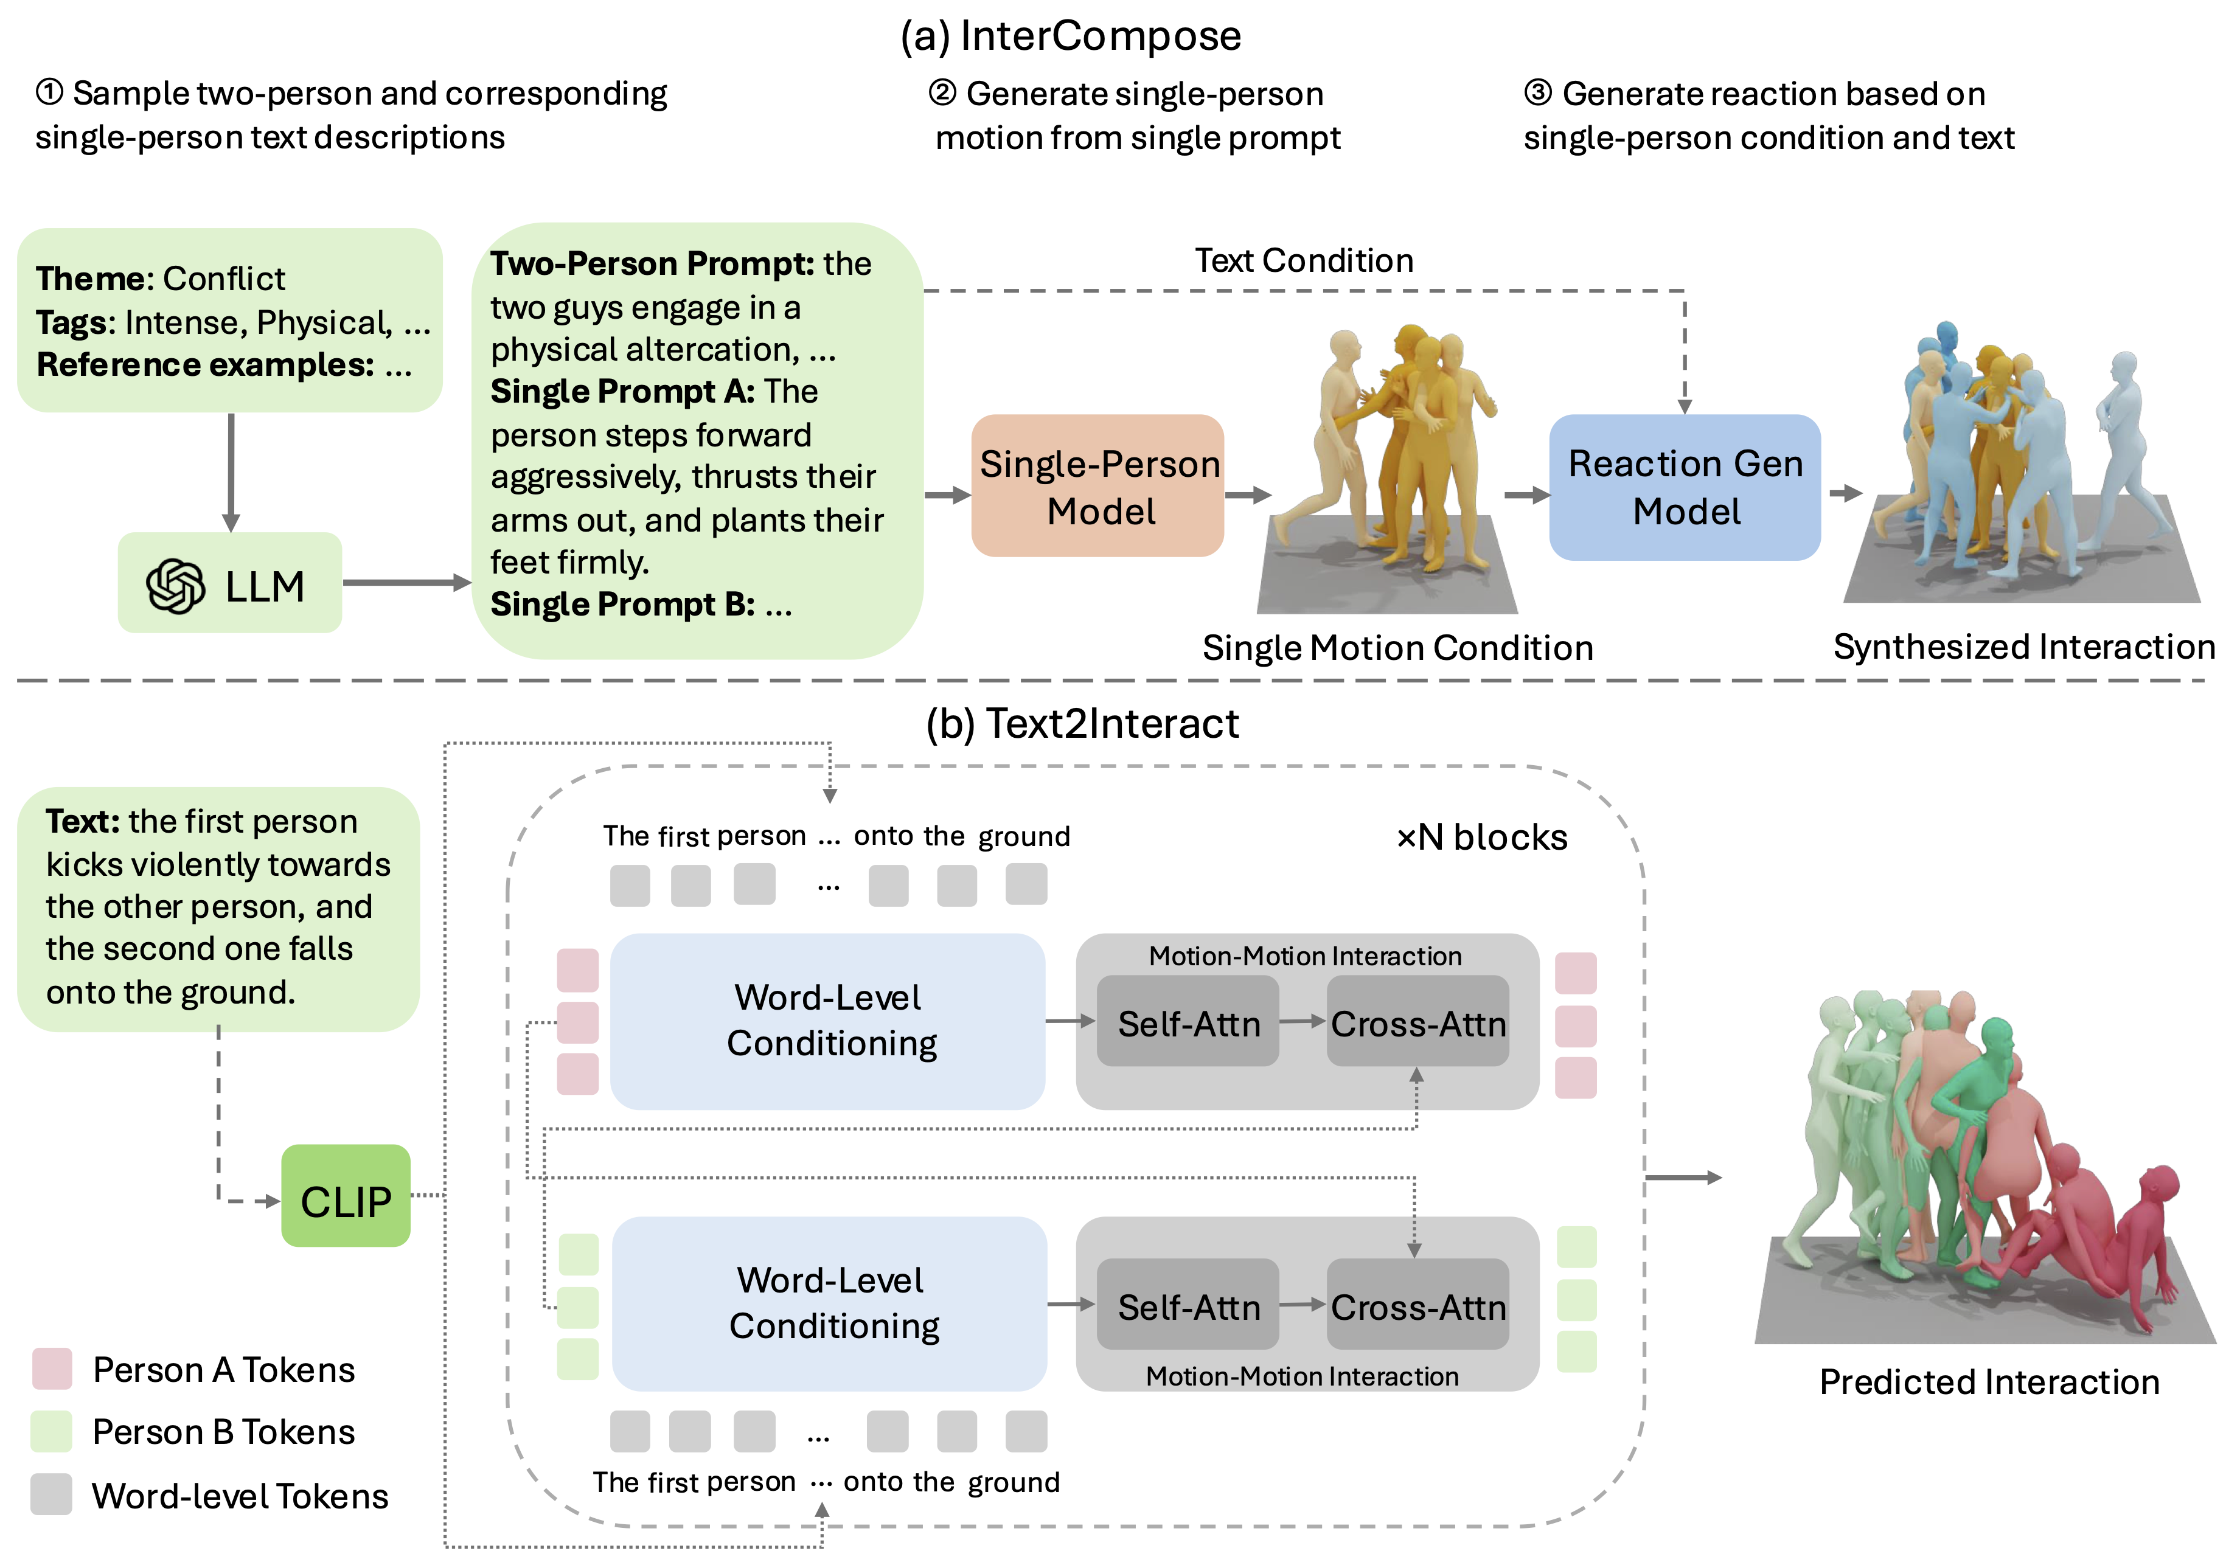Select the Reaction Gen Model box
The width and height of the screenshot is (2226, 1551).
[1685, 487]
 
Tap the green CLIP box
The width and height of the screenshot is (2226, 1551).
[346, 1196]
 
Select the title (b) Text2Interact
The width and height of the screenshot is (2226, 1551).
[1082, 723]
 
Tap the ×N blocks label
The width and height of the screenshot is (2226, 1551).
[1481, 836]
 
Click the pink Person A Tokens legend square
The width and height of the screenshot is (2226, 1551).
[52, 1368]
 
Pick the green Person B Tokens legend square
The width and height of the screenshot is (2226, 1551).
[52, 1431]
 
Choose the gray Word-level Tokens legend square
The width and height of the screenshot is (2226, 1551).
[52, 1494]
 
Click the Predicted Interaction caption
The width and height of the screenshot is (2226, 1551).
[1989, 1381]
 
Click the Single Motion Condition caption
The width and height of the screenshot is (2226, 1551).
[1397, 648]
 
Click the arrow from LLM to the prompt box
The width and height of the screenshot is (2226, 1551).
[406, 583]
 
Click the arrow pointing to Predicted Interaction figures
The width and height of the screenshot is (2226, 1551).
[1683, 1177]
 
